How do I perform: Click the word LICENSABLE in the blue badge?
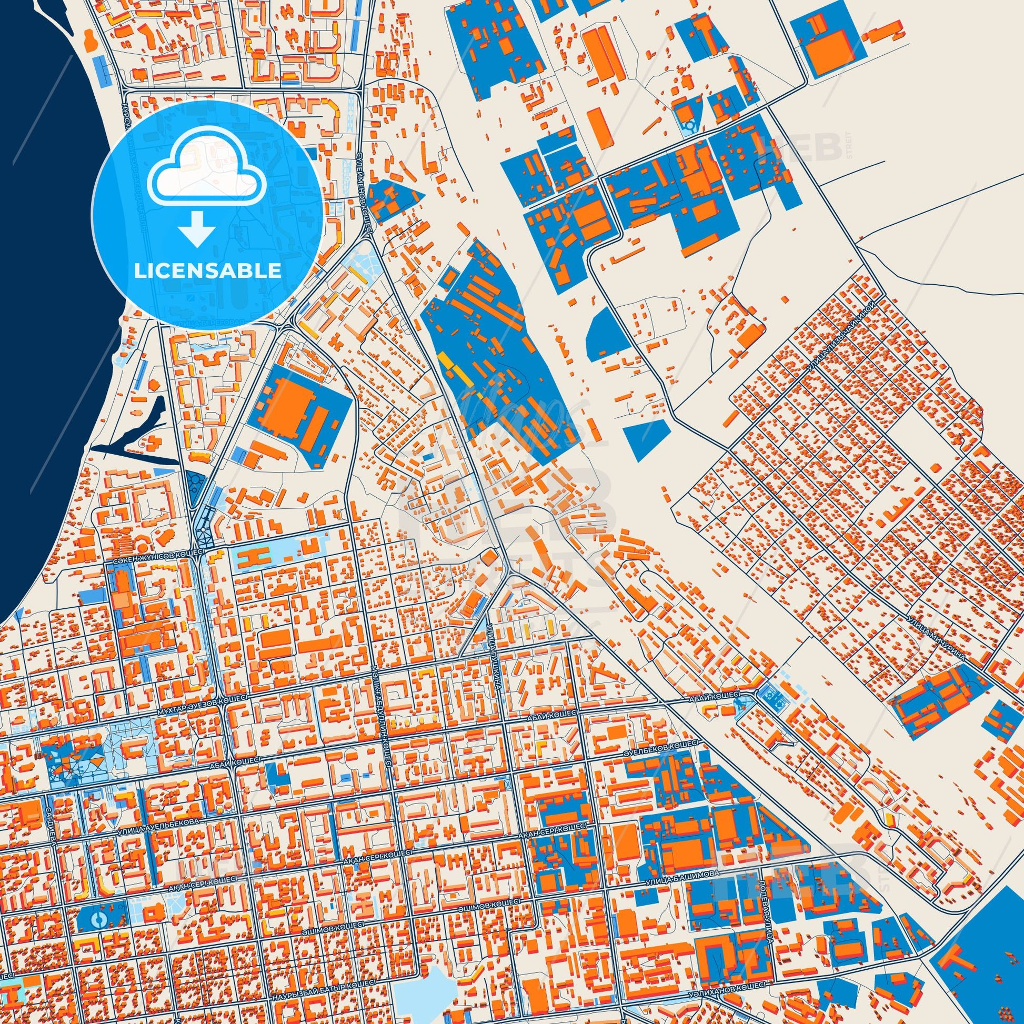tap(207, 271)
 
